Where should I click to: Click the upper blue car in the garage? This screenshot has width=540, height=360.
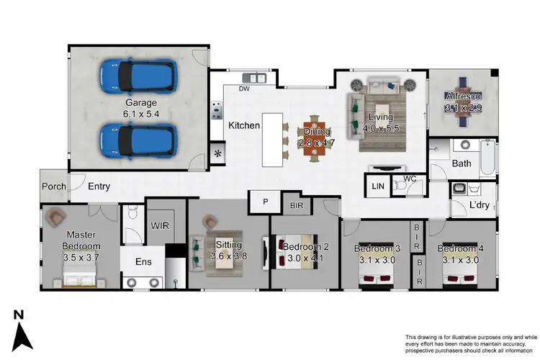coord(139,73)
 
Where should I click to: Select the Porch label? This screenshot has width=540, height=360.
coord(54,186)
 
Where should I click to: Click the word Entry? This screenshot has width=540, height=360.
coord(99,186)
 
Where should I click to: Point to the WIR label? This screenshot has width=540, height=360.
coord(160,225)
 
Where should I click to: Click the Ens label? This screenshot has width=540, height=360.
coord(144,261)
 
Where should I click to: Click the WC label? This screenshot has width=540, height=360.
coord(410,178)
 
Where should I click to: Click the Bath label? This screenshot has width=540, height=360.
coord(462,163)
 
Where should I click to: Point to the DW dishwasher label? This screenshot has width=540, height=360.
coord(244,89)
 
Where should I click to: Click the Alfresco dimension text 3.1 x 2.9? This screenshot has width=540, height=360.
coord(460,107)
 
